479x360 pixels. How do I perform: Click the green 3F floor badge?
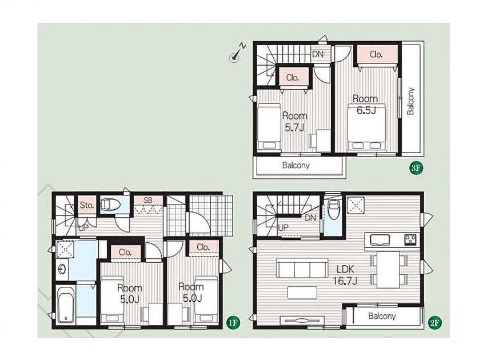(x=416, y=168)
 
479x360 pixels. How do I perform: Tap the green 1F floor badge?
(x=233, y=322)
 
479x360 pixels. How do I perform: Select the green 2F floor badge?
(x=436, y=322)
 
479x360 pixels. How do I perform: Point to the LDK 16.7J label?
(x=345, y=275)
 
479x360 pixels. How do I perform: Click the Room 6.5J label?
(x=366, y=105)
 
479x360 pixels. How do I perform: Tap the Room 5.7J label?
(x=294, y=122)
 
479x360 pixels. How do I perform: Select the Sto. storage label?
(x=87, y=205)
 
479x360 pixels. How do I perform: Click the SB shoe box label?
(x=148, y=201)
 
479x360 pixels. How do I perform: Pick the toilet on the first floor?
(x=110, y=204)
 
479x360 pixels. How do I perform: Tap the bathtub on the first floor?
(x=66, y=304)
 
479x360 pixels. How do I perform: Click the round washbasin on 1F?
(x=63, y=269)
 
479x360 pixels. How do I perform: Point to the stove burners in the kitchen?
(x=410, y=239)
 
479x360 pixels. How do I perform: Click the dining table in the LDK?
(x=388, y=269)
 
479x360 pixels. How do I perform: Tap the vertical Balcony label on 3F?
(x=411, y=101)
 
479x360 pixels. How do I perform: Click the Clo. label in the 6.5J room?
(x=376, y=54)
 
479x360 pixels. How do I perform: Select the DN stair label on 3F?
(x=318, y=54)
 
